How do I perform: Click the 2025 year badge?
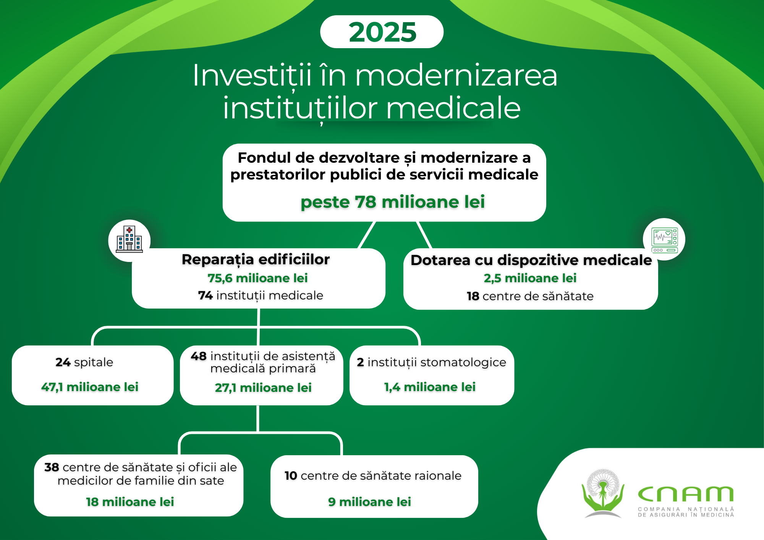pos(382,32)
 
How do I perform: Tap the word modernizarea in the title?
pos(456,75)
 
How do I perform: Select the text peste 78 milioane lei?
pos(393,202)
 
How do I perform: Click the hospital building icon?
pos(129,239)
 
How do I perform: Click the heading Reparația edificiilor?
pos(256,259)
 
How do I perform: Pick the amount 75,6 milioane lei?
pos(257,278)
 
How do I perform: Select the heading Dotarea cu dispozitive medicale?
pos(531,260)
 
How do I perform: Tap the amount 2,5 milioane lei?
pos(530,278)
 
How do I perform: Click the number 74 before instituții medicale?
pos(206,296)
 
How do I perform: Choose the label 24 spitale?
pos(84,362)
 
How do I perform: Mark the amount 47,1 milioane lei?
pos(90,387)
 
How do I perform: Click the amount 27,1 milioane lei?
pos(263,388)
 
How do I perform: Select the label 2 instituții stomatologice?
pos(431,362)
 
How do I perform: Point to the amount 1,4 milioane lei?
pos(430,387)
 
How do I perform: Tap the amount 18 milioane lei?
pos(130,502)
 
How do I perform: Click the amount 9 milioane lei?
pos(369,502)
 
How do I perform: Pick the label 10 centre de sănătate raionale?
pos(373,476)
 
